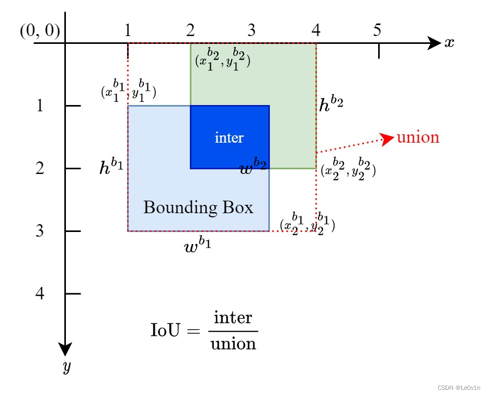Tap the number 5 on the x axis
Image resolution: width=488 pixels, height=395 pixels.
pyautogui.click(x=377, y=30)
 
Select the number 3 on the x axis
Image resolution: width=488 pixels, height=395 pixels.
pyautogui.click(x=252, y=30)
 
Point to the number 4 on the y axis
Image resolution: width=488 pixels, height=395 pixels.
pyautogui.click(x=40, y=294)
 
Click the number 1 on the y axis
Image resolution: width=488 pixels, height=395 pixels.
pyautogui.click(x=40, y=106)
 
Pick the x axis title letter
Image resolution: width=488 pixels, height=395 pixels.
pyautogui.click(x=449, y=43)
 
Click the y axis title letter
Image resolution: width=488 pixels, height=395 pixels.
pyautogui.click(x=66, y=367)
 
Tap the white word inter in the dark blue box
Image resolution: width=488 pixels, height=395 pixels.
pyautogui.click(x=229, y=137)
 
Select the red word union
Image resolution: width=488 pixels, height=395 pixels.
pyautogui.click(x=418, y=137)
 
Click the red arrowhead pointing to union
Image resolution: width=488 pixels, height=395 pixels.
pyautogui.click(x=388, y=138)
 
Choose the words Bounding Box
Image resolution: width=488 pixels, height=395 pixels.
pyautogui.click(x=198, y=207)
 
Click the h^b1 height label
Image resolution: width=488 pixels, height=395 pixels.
pyautogui.click(x=111, y=168)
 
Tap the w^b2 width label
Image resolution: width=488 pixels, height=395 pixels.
pyautogui.click(x=253, y=168)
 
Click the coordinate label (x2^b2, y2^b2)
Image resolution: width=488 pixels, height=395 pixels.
pyautogui.click(x=348, y=169)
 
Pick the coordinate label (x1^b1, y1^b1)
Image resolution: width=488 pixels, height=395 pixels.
pyautogui.click(x=129, y=91)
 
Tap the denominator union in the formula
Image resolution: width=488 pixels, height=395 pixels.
pyautogui.click(x=233, y=344)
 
